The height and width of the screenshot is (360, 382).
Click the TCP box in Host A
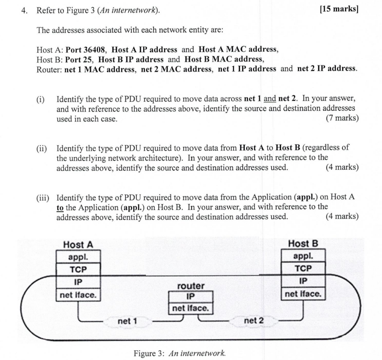(78, 269)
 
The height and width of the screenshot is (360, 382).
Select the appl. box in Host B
(303, 256)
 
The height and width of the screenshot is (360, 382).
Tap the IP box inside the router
(191, 297)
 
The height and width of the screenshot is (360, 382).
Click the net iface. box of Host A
(78, 295)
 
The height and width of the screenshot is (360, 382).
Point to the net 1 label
(127, 321)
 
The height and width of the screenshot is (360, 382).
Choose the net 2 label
(254, 320)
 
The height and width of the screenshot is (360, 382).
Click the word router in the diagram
(191, 286)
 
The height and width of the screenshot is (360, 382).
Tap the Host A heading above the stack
(78, 245)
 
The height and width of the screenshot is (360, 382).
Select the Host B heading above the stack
(303, 244)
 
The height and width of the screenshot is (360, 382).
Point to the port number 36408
(92, 50)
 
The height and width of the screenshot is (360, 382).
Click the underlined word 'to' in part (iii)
(60, 207)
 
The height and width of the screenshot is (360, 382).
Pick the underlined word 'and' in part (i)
(270, 99)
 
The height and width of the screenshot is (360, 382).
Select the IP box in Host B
(303, 281)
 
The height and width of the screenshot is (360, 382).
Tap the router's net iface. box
(191, 308)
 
